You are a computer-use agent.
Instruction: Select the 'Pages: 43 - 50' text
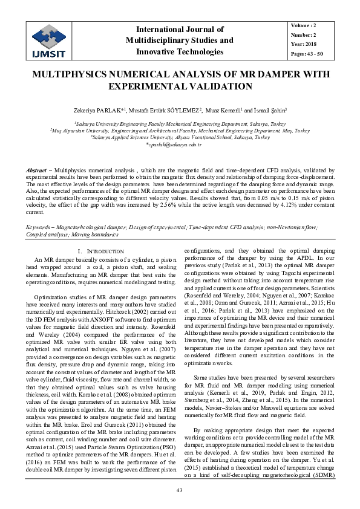pyautogui.click(x=306, y=54)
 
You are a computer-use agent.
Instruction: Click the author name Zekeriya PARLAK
pyautogui.click(x=100, y=111)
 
